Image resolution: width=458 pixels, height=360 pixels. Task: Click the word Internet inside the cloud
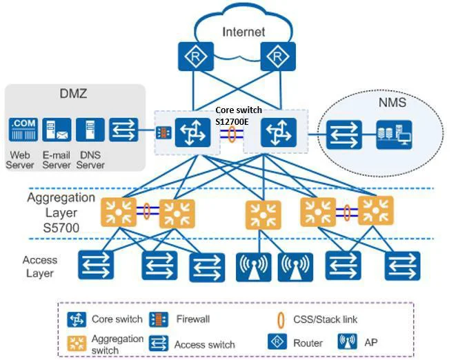(243, 32)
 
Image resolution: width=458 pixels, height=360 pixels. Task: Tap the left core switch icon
(191, 132)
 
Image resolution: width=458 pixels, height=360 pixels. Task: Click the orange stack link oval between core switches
(232, 134)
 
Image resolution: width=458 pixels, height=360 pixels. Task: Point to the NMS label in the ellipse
(392, 104)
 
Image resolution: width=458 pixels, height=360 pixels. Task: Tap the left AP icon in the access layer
(253, 266)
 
